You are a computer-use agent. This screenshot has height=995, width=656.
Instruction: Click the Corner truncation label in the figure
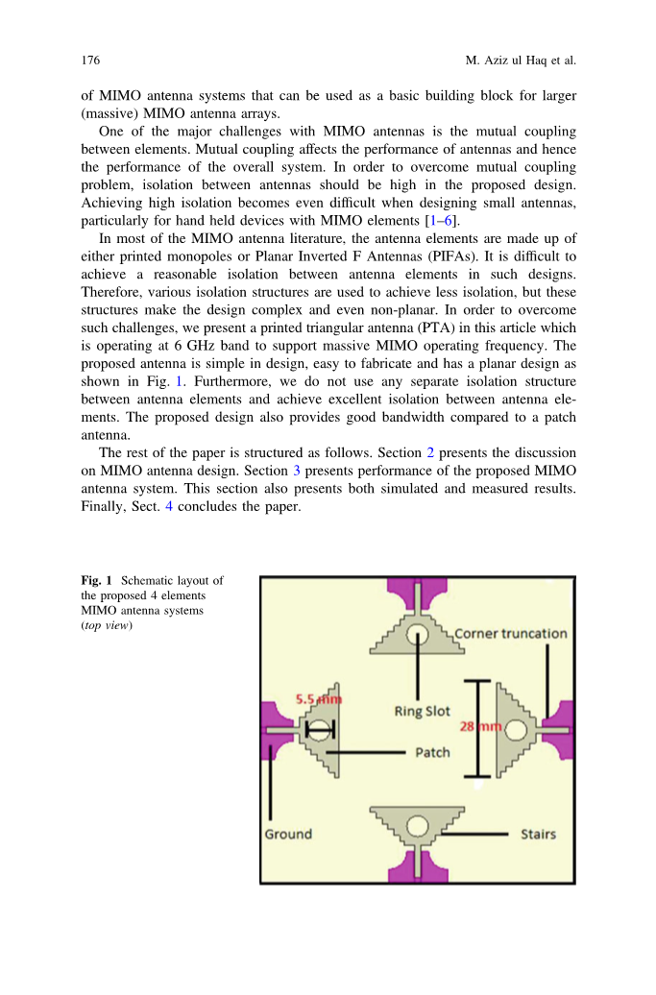click(510, 634)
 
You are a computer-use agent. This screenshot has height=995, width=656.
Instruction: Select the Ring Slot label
click(422, 712)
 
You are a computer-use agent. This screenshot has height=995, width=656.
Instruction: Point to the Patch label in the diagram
click(432, 752)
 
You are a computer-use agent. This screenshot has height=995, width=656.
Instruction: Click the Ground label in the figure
click(288, 834)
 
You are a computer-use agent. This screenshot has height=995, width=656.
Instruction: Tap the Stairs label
click(538, 834)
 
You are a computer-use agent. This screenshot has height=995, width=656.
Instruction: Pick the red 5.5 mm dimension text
click(317, 700)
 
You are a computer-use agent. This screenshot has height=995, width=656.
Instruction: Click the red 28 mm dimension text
click(480, 727)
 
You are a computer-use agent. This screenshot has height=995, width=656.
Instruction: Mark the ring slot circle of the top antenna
click(418, 634)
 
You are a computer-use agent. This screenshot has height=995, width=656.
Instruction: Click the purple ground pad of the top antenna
click(418, 593)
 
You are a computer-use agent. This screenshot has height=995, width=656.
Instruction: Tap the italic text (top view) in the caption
click(107, 625)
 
